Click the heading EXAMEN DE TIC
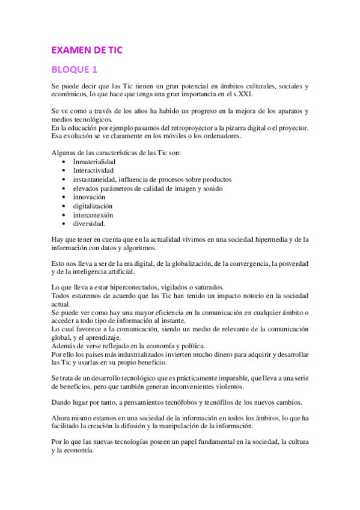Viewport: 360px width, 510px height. (87, 50)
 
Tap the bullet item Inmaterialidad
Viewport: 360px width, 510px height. (94, 162)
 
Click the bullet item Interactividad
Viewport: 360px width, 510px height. (93, 171)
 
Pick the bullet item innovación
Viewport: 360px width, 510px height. (89, 197)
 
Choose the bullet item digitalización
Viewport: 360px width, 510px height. (93, 206)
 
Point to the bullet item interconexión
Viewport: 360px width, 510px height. (93, 215)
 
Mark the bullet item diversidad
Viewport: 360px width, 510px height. (90, 224)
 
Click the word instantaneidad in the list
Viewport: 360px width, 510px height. (94, 180)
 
